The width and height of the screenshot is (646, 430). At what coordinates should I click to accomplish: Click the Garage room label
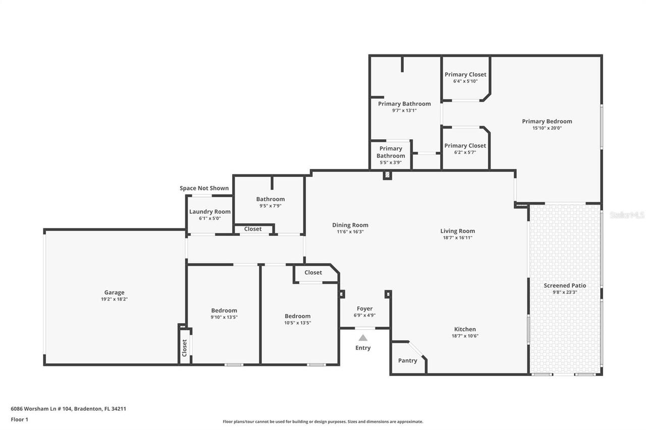tap(114, 292)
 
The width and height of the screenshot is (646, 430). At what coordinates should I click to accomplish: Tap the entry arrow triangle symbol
tap(363, 338)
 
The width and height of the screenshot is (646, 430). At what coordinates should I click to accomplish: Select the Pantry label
tap(407, 360)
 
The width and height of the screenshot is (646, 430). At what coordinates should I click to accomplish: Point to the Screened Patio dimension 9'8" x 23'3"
tap(565, 292)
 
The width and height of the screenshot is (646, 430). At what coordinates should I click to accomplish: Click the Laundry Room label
tap(209, 212)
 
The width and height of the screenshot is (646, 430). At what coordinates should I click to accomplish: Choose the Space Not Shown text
tap(204, 188)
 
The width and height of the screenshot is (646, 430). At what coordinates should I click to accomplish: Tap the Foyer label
tap(364, 309)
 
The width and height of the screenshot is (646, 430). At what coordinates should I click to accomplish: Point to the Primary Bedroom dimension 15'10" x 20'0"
tap(547, 128)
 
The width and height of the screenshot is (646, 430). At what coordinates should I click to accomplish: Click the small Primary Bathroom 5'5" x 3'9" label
tap(391, 152)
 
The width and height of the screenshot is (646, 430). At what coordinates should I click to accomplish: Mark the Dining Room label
tap(350, 225)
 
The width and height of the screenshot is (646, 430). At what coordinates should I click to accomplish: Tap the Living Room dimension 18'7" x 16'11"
tap(457, 237)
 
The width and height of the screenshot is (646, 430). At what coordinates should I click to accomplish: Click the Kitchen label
tap(464, 329)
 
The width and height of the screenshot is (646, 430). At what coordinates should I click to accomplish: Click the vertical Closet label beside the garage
tap(185, 347)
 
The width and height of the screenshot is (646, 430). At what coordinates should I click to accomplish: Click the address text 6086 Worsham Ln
tap(68, 409)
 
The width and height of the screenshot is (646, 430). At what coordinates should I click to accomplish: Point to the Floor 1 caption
tap(20, 419)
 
